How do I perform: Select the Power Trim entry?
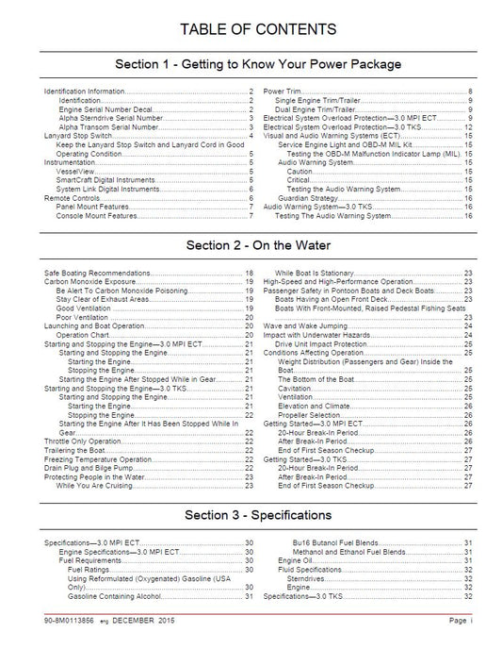(x=282, y=90)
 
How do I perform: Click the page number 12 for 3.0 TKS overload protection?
(x=468, y=126)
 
